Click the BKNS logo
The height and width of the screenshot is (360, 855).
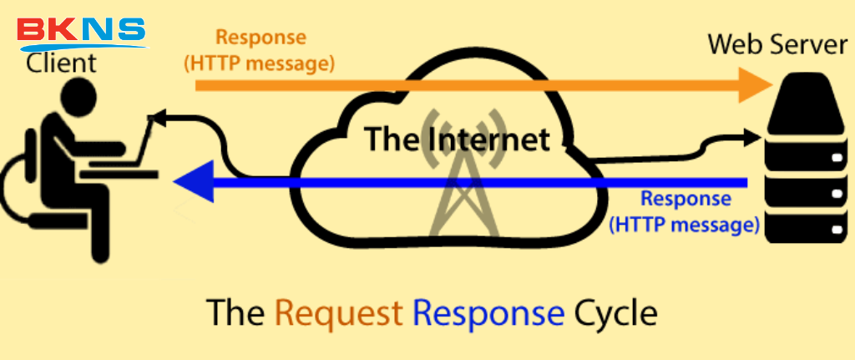(x=81, y=31)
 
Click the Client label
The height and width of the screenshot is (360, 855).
(x=60, y=63)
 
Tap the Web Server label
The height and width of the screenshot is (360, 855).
(x=777, y=44)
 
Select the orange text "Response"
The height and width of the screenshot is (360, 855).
(x=261, y=38)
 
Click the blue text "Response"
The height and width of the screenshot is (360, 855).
(x=686, y=200)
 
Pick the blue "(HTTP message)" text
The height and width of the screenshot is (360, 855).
(x=684, y=223)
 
